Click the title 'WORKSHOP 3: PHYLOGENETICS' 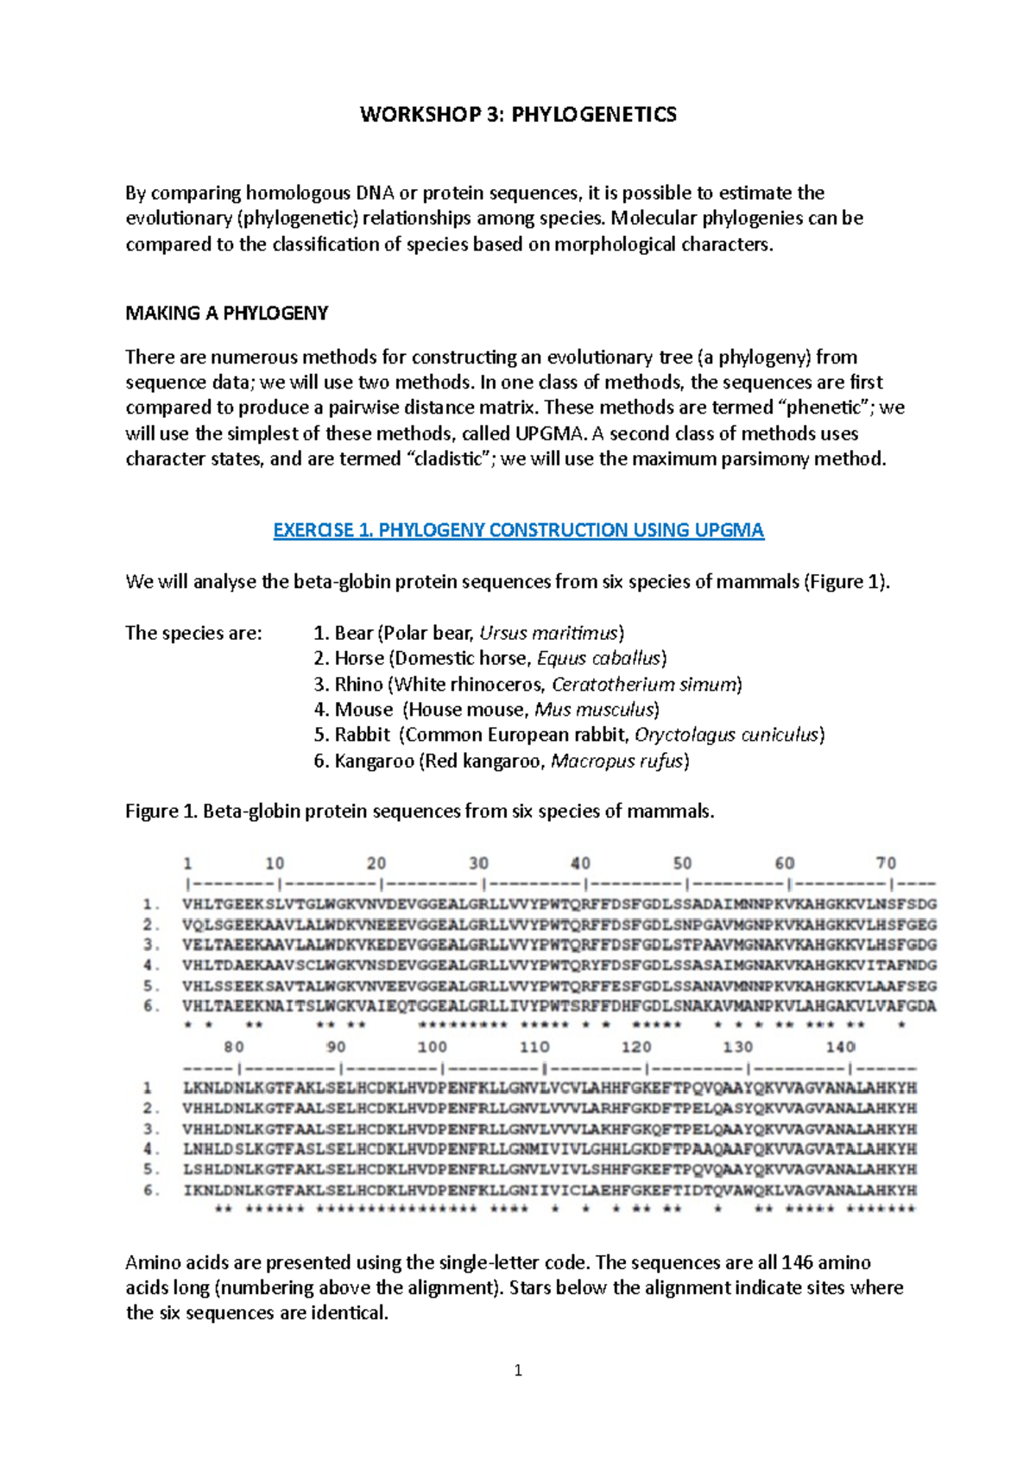(518, 115)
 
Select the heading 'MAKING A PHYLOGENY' (226, 313)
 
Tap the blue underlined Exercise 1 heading (518, 530)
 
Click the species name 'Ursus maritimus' (549, 633)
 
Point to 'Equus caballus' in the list (599, 658)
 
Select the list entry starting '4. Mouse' (486, 710)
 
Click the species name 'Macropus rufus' (616, 761)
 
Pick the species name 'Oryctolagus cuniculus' (726, 735)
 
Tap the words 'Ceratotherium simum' (645, 684)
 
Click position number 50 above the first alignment (682, 863)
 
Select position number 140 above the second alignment (840, 1047)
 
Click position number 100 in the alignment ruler (432, 1047)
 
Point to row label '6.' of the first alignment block (152, 1006)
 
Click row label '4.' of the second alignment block (152, 1149)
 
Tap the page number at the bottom (518, 1370)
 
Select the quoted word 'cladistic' (449, 459)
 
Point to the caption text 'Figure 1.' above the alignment (161, 812)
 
